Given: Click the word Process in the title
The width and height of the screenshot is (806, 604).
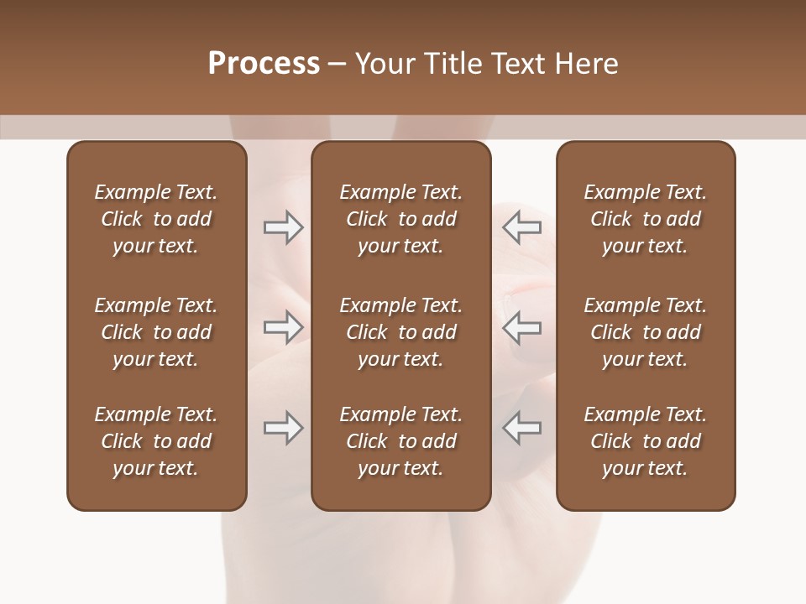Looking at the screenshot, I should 264,64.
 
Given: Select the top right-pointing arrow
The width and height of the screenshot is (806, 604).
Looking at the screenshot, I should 283,227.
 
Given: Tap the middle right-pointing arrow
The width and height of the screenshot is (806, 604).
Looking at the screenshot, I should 283,327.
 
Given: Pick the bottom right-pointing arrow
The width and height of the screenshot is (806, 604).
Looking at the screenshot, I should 283,428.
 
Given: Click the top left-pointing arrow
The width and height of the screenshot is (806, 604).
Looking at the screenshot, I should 522,227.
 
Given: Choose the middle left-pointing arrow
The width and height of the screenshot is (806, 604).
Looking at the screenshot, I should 522,327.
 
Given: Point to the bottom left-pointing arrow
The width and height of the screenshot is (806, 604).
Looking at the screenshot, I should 522,428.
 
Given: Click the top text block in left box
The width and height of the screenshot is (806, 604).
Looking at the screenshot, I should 156,219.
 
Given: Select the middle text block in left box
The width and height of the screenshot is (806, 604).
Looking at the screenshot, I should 156,332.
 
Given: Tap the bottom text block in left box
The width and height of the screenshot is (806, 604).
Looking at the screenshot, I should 156,441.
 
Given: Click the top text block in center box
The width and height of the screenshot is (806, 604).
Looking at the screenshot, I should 400,219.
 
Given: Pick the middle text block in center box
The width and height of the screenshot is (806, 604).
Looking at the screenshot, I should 400,332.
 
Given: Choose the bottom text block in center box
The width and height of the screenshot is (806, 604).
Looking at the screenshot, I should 400,441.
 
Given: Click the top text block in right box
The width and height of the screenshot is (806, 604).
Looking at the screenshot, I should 645,219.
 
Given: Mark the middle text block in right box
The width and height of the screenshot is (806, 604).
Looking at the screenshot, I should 645,332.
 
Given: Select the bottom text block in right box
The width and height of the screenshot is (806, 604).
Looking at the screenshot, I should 645,441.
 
